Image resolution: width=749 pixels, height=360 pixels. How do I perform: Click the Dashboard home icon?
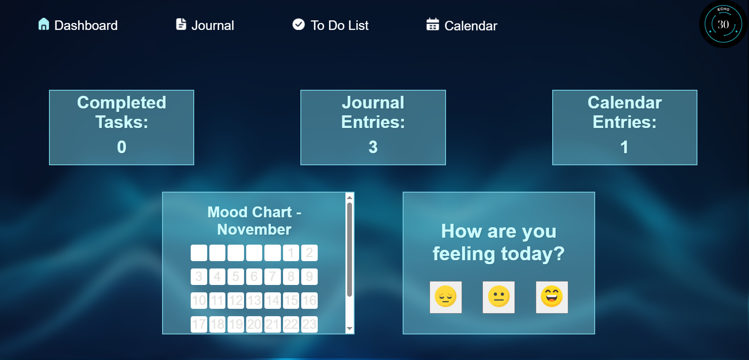(x=43, y=24)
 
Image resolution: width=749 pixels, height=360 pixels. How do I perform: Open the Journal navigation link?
(x=212, y=26)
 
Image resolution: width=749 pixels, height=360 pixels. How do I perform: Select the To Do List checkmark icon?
(x=298, y=24)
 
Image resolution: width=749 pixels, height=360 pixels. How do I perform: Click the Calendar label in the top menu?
(x=471, y=26)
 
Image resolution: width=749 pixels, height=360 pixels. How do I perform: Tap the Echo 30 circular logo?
(x=723, y=24)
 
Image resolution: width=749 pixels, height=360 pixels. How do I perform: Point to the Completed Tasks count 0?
(x=122, y=147)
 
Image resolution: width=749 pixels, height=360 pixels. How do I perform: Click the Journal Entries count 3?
(x=373, y=147)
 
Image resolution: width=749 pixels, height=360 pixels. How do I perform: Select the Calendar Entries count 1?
(x=624, y=147)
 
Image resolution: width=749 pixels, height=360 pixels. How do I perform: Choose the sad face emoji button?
(x=446, y=297)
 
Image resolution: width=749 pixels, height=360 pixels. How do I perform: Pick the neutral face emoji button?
(x=498, y=297)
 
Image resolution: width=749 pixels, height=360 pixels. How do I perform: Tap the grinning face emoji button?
(x=552, y=297)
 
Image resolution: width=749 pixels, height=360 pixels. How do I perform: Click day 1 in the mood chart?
(x=291, y=253)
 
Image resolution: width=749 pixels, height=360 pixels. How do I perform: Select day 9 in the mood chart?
(x=309, y=277)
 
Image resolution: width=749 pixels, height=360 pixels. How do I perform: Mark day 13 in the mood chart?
(x=254, y=301)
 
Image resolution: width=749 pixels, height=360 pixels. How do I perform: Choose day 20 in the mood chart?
(x=254, y=324)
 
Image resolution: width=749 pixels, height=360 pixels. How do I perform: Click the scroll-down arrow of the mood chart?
(x=349, y=329)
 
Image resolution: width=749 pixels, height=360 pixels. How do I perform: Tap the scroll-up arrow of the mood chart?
(x=349, y=197)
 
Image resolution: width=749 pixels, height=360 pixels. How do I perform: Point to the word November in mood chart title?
(x=254, y=229)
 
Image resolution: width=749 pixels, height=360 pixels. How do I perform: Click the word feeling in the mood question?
(x=464, y=254)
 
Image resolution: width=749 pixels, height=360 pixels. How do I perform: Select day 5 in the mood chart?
(x=236, y=277)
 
